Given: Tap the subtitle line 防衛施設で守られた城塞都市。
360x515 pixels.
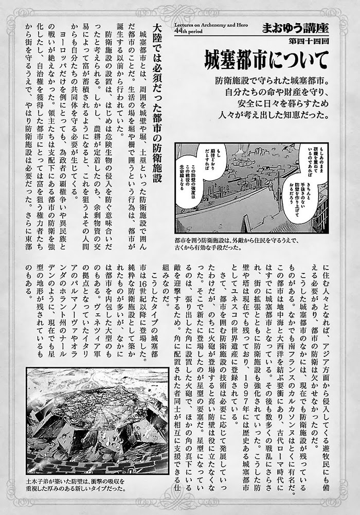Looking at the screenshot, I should coord(273,82).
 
